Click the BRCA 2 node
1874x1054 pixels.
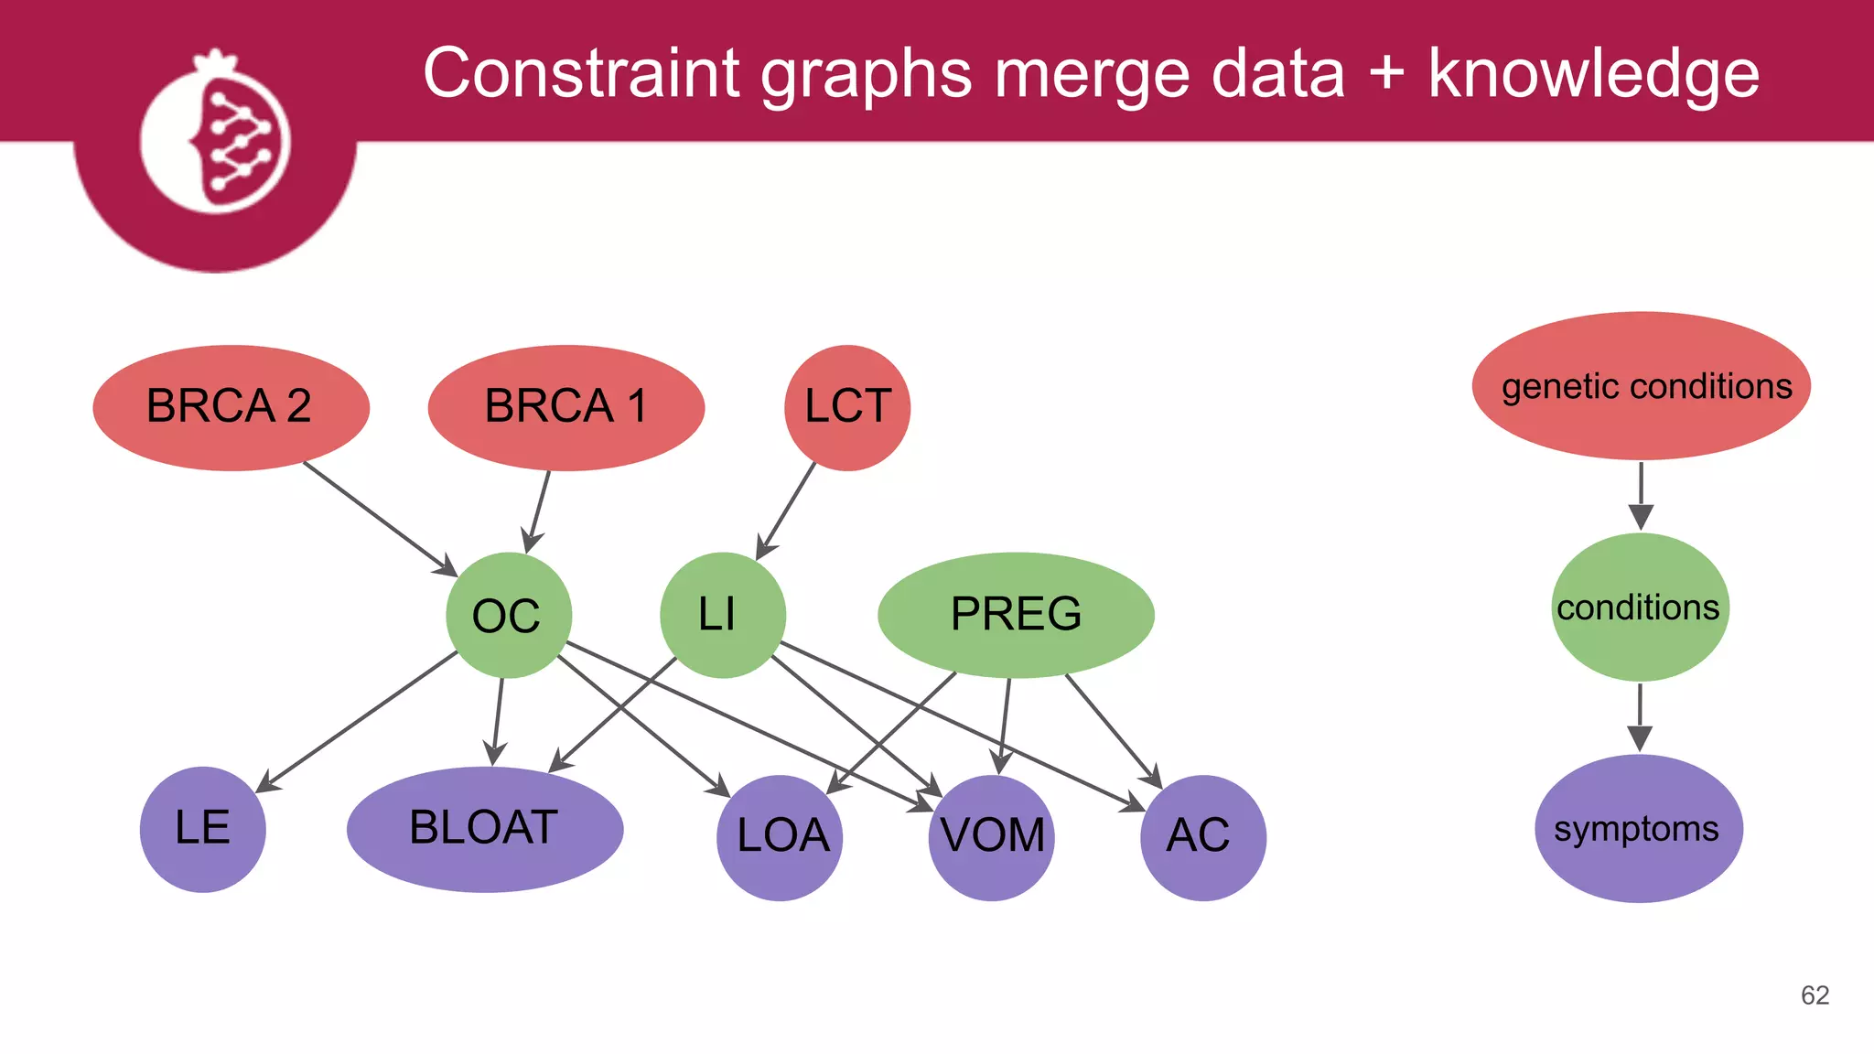pos(231,407)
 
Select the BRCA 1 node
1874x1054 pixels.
pos(565,407)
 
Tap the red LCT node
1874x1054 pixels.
pos(847,407)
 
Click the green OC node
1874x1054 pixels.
pos(509,615)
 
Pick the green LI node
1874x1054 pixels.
pos(722,615)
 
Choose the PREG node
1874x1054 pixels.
pos(1016,615)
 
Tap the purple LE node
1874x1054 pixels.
pos(202,829)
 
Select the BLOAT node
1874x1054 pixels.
pos(485,829)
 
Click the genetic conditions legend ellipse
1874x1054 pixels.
pos(1642,386)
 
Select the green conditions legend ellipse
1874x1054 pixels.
pos(1640,608)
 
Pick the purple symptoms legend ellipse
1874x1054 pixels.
pos(1638,829)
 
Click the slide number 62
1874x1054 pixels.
pos(1815,995)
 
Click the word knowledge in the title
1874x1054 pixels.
pos(1593,75)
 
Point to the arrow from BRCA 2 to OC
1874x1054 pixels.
pos(379,518)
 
